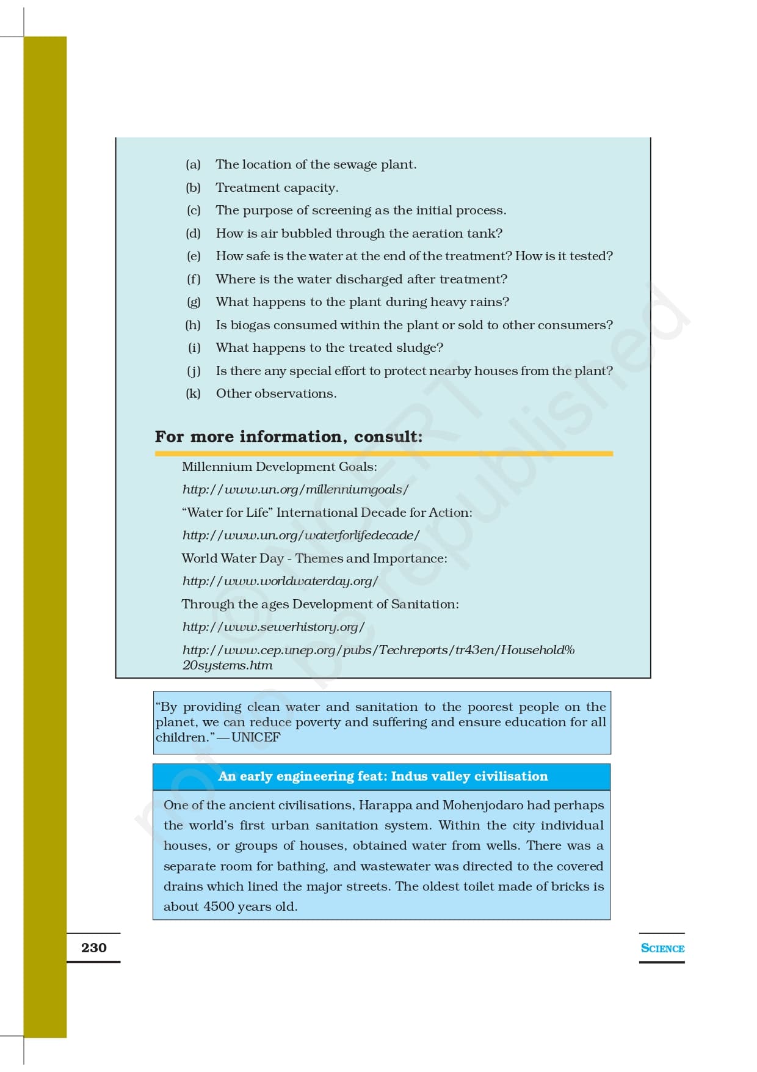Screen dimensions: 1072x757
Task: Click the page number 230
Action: coord(93,947)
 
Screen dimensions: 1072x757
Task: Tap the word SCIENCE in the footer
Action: coord(662,948)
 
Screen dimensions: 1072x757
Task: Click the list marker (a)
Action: coord(193,164)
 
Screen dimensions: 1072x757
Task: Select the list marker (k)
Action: coord(193,393)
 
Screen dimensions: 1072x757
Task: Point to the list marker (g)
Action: coord(193,302)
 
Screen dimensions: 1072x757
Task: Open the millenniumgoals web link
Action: coord(295,489)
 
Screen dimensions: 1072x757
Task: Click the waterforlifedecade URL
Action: coord(300,535)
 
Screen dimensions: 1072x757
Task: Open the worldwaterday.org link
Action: coord(280,581)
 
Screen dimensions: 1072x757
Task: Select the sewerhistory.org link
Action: coord(273,627)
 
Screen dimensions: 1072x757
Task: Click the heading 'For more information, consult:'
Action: coord(288,437)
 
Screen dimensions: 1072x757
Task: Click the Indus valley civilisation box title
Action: coord(382,776)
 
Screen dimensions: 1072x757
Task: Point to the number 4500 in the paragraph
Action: coord(219,906)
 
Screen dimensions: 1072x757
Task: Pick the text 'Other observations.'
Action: coord(276,393)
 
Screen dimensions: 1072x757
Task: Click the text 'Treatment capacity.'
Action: coord(277,188)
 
